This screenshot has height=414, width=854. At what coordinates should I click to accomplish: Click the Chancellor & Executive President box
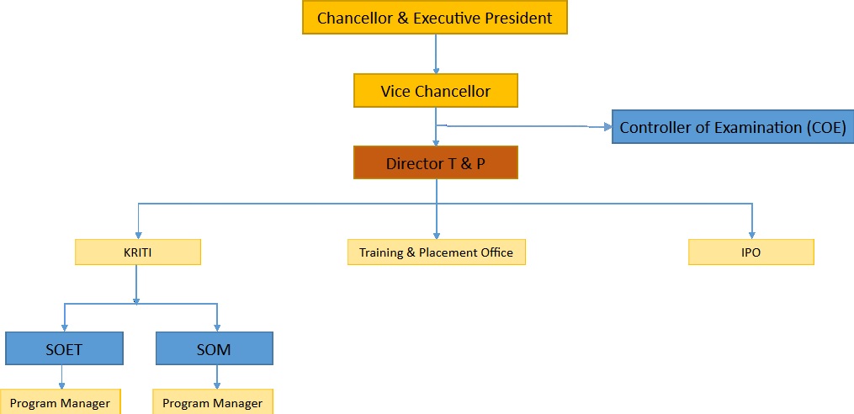[435, 18]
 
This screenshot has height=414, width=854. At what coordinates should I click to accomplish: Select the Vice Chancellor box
[436, 91]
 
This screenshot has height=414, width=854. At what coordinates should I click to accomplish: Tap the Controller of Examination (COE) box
[733, 127]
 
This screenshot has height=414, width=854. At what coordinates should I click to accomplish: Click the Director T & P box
[436, 163]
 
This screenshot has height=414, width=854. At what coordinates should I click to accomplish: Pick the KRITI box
[138, 252]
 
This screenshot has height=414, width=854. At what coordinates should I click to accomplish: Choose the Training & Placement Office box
[437, 252]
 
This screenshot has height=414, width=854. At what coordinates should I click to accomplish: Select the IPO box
[751, 252]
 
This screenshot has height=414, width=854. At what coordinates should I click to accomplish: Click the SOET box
[64, 348]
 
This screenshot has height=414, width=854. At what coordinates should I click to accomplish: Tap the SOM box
[214, 348]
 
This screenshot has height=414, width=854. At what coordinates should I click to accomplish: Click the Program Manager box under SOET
[60, 402]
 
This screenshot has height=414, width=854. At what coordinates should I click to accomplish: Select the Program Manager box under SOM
[212, 402]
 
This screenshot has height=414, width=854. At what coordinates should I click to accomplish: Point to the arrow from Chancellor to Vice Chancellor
[436, 54]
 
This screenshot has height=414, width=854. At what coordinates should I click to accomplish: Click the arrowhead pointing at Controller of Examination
[607, 127]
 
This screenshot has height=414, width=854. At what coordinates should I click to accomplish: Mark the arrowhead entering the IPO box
[752, 236]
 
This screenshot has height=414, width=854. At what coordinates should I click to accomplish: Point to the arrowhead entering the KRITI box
[138, 236]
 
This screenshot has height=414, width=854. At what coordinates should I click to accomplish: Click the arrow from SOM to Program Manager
[217, 377]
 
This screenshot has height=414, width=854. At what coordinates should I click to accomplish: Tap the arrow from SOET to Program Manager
[61, 377]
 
